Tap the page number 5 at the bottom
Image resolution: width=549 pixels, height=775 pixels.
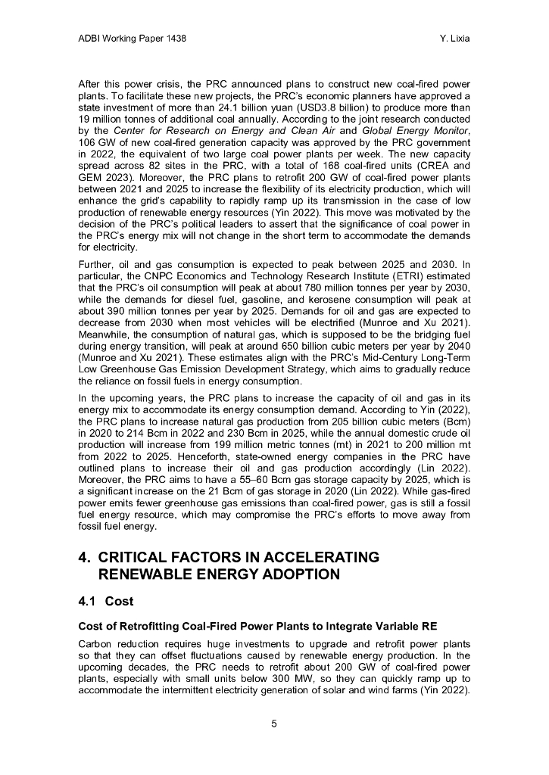point(274,724)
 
